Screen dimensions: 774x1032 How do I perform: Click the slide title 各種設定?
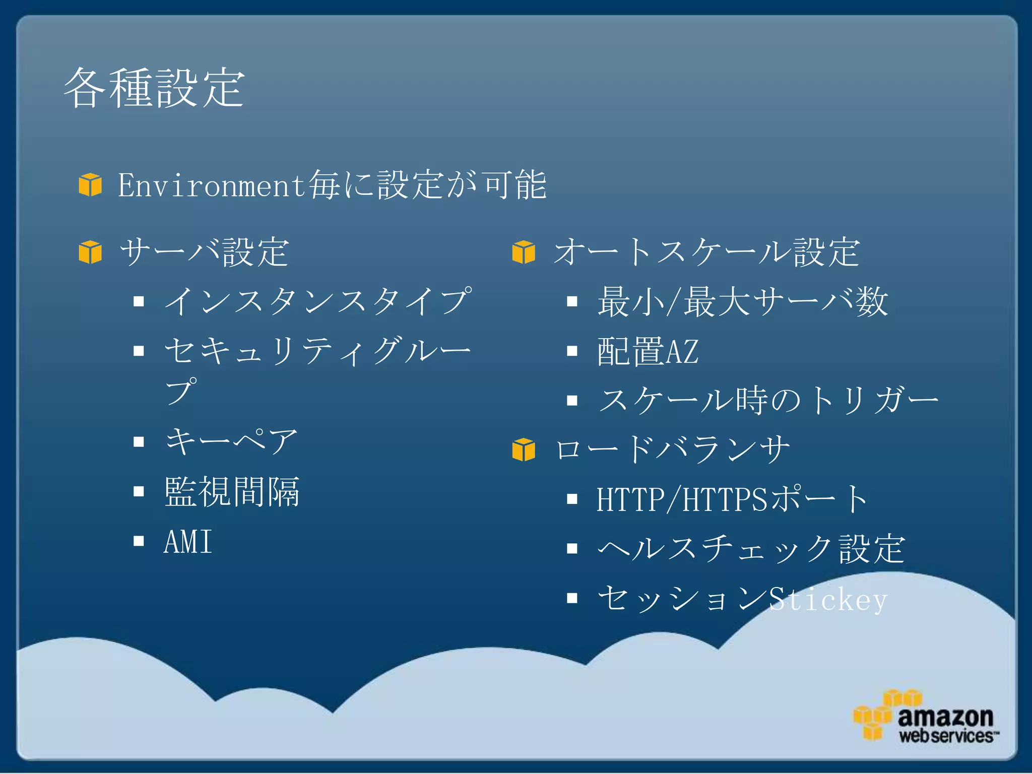[154, 88]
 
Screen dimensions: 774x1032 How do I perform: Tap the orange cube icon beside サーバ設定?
[90, 252]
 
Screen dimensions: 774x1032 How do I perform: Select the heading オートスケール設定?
[706, 252]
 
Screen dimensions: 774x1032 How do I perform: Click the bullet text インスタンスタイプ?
[318, 301]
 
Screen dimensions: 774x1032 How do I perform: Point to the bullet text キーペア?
[231, 441]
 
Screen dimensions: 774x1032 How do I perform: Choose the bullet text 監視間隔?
[232, 491]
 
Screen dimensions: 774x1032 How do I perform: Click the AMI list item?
[187, 542]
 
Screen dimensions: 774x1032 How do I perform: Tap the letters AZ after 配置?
[682, 351]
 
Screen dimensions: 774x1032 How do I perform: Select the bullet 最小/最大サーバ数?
[742, 301]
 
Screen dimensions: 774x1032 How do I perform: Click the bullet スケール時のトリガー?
[767, 401]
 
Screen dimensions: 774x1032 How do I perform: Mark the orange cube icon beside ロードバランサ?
[524, 449]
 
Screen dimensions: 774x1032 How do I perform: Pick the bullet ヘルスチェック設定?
[751, 549]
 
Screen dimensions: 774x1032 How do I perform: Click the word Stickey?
[828, 600]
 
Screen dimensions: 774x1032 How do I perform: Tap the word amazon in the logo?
[945, 716]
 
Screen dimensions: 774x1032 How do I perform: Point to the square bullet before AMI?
[139, 541]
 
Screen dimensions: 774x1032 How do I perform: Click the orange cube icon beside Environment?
[90, 184]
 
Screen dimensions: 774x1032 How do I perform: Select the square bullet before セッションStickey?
[572, 598]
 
